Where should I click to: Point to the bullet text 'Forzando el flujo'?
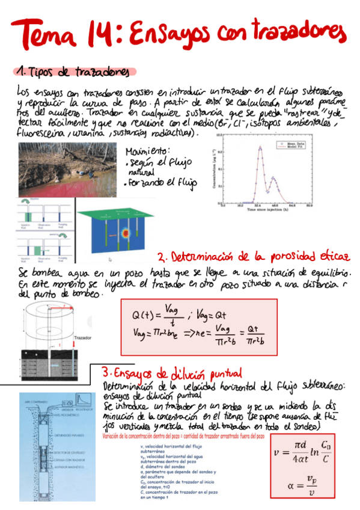tap(159, 183)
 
